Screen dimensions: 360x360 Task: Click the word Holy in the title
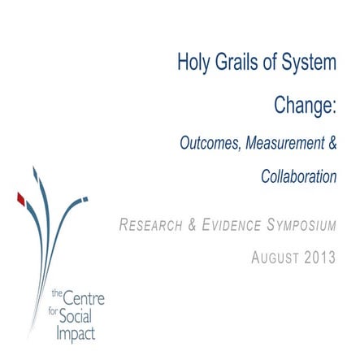tap(195, 63)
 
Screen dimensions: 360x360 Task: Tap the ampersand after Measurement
tap(332, 143)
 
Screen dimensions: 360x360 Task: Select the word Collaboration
tap(298, 176)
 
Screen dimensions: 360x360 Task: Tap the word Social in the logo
tap(75, 317)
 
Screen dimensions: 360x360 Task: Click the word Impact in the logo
tap(75, 334)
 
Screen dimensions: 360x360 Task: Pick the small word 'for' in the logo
tap(54, 310)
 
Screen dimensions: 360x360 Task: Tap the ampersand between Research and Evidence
tap(192, 224)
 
